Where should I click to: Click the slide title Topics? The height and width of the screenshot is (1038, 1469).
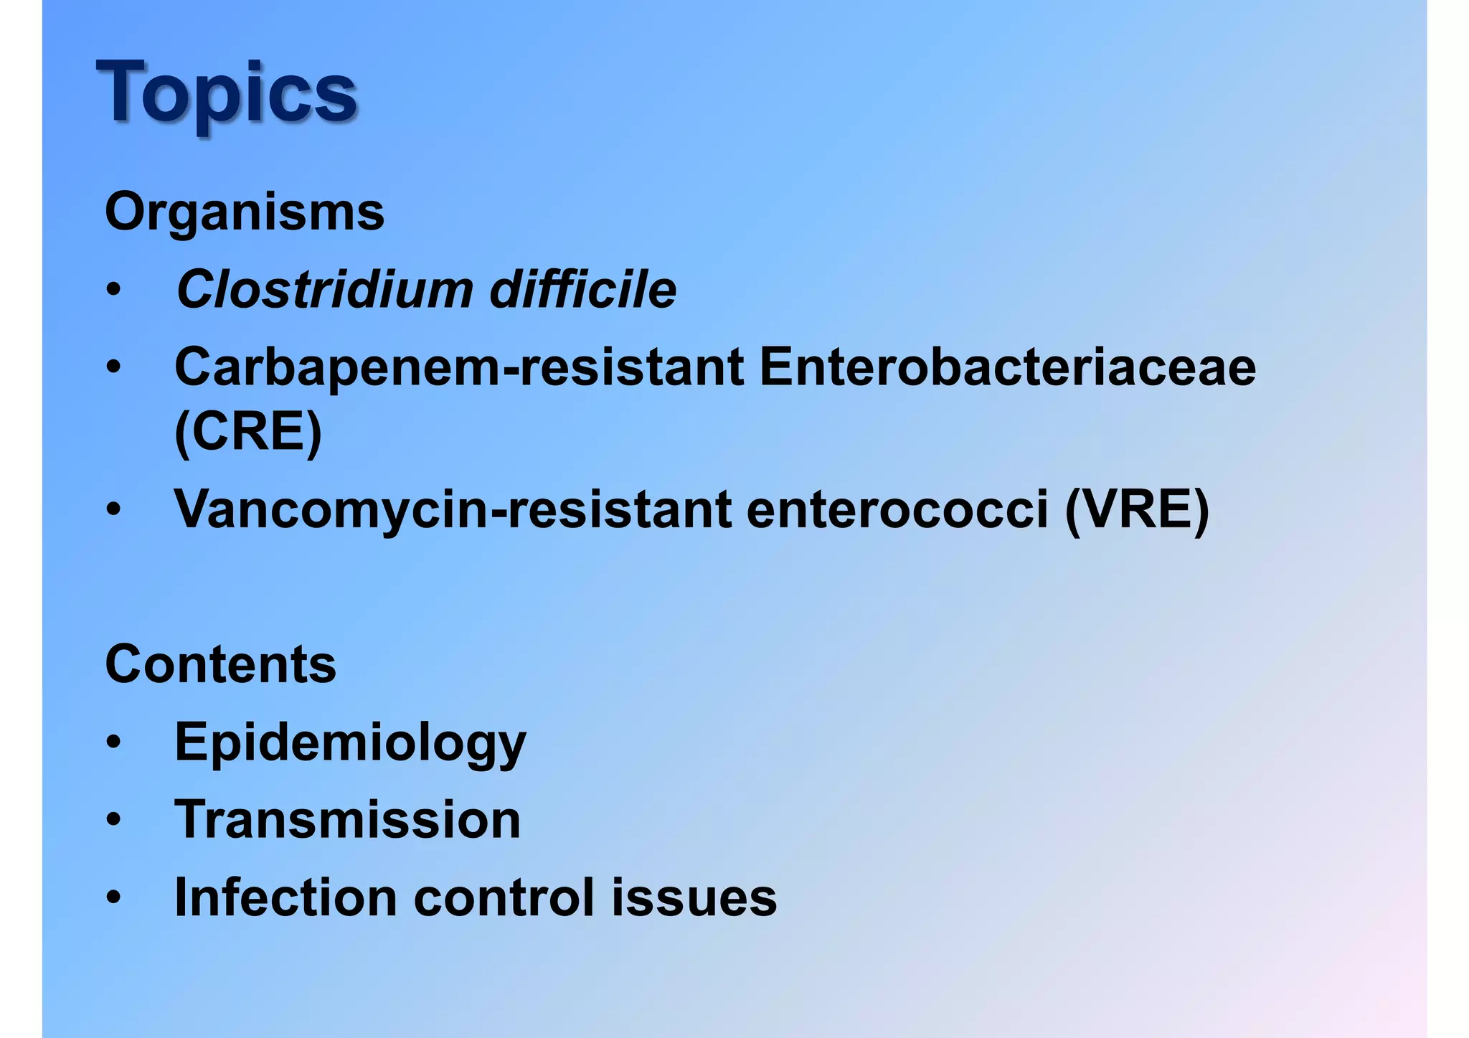[226, 93]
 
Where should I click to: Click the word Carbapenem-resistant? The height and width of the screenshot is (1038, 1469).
[459, 367]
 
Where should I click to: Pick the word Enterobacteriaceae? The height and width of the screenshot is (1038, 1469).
[1007, 367]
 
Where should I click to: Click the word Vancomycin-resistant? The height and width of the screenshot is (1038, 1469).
[453, 509]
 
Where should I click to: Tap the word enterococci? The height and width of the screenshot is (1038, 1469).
[897, 509]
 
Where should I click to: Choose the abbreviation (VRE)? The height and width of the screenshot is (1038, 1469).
[1137, 509]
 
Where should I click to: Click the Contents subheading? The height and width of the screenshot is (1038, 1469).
[221, 664]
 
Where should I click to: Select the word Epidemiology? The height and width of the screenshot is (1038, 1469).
[350, 743]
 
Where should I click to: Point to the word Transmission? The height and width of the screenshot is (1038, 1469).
[347, 819]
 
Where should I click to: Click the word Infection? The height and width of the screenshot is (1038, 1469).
[285, 897]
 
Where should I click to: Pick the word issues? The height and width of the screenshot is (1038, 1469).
[694, 897]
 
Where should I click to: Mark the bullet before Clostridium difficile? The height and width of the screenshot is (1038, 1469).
[113, 291]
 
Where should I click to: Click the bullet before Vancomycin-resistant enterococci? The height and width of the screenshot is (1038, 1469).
[113, 511]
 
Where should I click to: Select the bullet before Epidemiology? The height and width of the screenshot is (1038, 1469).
[113, 742]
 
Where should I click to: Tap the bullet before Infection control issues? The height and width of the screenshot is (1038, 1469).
[113, 898]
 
